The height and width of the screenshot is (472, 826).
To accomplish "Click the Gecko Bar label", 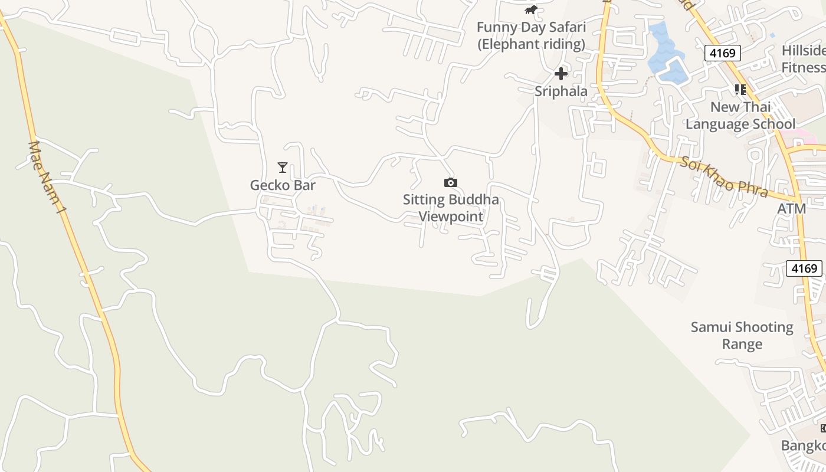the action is tap(283, 185).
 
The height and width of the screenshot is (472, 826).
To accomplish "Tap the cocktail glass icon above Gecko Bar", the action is tap(283, 168).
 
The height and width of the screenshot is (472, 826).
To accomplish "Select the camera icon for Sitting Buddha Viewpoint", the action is tap(451, 183).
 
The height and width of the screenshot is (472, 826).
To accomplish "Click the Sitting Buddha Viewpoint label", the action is tap(451, 208).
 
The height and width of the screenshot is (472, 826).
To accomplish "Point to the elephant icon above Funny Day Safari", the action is tap(531, 10).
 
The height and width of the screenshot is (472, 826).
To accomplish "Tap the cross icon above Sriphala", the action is tap(561, 74).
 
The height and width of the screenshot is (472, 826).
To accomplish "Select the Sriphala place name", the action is tap(561, 91).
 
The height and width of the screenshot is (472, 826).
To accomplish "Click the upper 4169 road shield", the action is tap(723, 53).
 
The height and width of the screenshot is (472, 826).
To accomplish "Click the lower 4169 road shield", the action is tap(804, 268).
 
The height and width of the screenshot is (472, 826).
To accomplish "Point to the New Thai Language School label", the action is tap(740, 116).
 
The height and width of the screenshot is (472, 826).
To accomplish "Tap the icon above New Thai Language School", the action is tap(740, 90).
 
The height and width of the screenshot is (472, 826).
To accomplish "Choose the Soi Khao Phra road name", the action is tap(724, 176).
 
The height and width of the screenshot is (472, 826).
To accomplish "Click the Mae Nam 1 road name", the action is tap(45, 176).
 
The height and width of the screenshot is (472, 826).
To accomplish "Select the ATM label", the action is tap(791, 209).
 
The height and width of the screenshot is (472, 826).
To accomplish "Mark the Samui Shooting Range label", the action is tap(742, 335).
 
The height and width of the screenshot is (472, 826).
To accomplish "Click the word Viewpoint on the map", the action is tap(451, 217).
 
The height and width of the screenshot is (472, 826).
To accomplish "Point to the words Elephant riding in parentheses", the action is tap(531, 44).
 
